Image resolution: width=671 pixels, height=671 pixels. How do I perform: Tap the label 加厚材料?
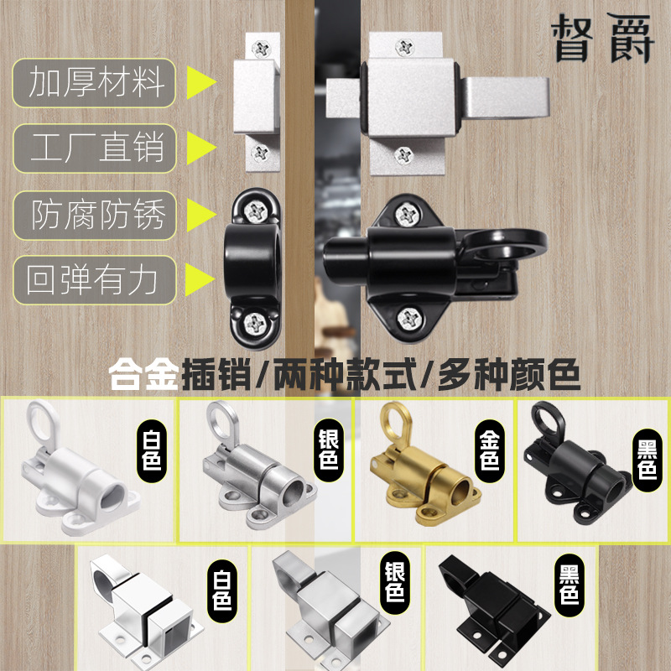pos(94,84)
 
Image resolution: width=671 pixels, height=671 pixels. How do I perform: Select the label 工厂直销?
pos(94,148)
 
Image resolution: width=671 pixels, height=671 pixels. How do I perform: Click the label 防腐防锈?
pos(94,214)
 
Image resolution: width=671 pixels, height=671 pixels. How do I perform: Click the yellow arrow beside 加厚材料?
pos(200,84)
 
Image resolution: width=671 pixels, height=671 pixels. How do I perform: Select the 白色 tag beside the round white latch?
pos(152,449)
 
